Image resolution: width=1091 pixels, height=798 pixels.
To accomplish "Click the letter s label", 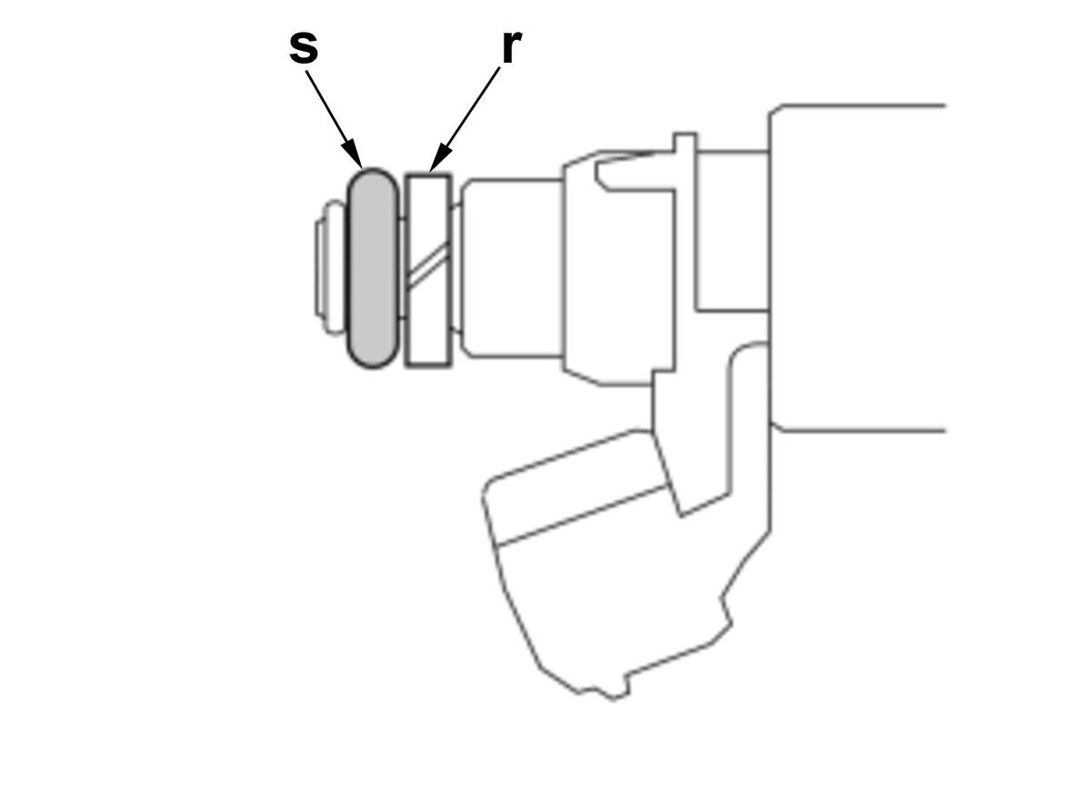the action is [x=304, y=48].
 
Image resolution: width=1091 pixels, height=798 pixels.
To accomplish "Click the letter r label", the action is [x=511, y=48].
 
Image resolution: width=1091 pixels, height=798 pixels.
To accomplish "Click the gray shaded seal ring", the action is [x=372, y=268].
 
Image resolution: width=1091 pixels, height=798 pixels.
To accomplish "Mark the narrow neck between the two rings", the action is [x=402, y=268].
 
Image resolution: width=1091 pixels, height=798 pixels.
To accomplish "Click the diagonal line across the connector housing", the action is [x=582, y=516].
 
